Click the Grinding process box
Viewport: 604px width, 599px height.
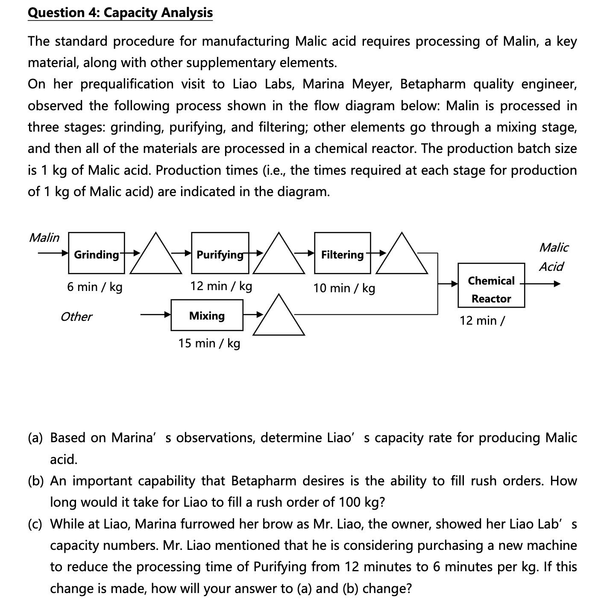coord(96,253)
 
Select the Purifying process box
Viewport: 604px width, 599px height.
coord(220,253)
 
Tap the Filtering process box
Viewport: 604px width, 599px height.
coord(342,253)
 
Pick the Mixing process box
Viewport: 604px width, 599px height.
coord(207,315)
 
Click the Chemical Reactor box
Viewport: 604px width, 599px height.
coord(491,285)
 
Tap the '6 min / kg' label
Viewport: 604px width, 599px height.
coord(95,287)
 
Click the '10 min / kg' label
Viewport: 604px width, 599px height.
coord(344,288)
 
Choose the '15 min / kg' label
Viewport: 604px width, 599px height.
coord(209,343)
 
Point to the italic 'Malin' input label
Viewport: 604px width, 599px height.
coord(44,238)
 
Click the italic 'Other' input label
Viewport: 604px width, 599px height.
coord(76,317)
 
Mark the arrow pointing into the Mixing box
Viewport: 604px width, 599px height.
coord(155,315)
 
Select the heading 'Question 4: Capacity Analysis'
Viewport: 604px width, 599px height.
coord(120,12)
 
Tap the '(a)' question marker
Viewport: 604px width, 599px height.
coord(35,438)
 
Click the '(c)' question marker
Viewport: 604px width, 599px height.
coord(35,524)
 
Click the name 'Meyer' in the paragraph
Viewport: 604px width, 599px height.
coord(371,84)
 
